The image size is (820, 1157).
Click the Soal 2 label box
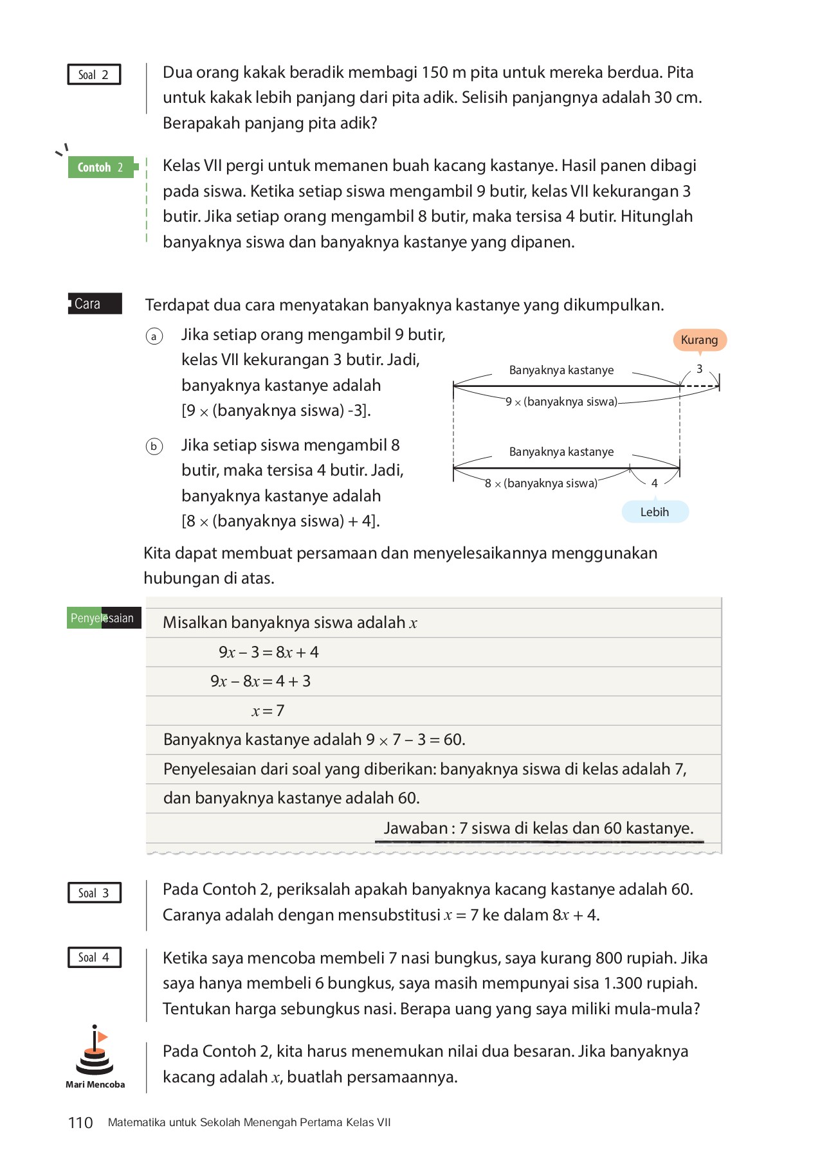pos(94,75)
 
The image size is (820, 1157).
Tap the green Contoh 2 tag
pos(101,167)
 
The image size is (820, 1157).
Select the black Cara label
pos(95,303)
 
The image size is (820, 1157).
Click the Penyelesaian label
pos(103,618)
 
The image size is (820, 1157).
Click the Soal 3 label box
pos(94,893)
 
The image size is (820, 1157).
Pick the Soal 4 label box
pos(94,957)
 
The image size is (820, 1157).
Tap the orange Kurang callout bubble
pos(700,339)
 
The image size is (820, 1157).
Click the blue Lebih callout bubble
pos(655,512)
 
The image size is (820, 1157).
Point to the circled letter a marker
pos(154,336)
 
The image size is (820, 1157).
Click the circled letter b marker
pos(154,446)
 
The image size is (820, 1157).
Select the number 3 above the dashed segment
pos(699,369)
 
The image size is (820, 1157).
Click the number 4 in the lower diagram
pos(654,483)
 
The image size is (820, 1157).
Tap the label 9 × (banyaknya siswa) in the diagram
pos(561,402)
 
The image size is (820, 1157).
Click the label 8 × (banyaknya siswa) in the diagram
pos(541,483)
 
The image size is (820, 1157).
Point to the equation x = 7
pos(268,711)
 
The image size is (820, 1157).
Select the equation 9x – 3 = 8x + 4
pos(268,652)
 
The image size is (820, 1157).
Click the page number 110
pos(80,1123)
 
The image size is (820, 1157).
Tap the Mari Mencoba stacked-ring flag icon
pos(95,1051)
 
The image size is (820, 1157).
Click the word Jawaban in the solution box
pos(415,828)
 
